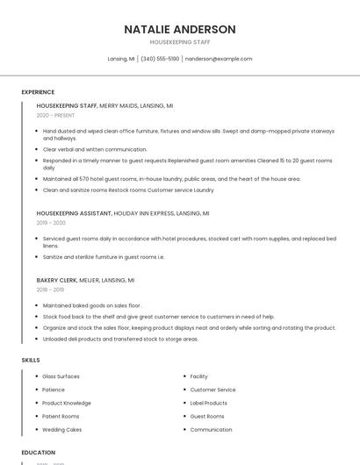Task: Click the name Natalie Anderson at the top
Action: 180,29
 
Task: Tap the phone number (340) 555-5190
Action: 160,59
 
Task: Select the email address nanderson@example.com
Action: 219,59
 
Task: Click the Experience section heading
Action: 38,92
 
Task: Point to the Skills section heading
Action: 31,360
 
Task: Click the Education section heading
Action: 38,453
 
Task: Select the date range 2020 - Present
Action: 54,115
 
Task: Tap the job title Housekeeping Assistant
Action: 74,213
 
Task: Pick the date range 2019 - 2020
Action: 51,223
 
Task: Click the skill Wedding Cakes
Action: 62,430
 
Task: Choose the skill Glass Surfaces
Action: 61,376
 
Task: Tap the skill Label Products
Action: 208,403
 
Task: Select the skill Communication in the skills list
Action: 211,430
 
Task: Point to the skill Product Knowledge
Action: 67,403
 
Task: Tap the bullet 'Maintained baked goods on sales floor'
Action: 91,305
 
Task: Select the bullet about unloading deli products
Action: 120,339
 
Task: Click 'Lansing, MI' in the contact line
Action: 121,59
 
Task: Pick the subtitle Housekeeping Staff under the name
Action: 180,41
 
